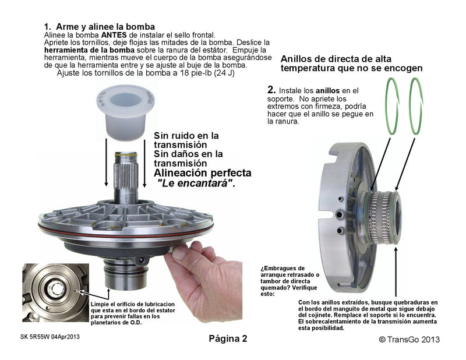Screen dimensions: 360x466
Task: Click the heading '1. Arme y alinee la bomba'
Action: tap(99, 27)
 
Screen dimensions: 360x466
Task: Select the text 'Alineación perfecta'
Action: tap(202, 173)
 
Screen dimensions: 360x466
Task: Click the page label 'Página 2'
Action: tap(228, 338)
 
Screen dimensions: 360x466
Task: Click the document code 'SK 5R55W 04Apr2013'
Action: tap(49, 337)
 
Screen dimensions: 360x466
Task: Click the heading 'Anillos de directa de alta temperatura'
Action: tap(351, 63)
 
